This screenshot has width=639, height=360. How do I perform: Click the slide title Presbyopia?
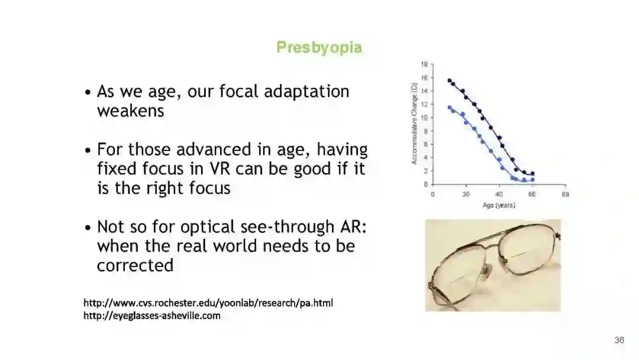[319, 47]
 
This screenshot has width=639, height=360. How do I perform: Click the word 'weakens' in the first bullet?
[130, 111]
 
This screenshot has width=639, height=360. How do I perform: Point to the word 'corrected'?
[135, 265]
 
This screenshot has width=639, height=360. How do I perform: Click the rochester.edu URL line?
[208, 303]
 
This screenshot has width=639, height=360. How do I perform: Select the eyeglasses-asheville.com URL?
[152, 316]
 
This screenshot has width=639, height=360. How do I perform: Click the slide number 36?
[619, 340]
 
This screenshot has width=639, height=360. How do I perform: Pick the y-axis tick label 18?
[424, 64]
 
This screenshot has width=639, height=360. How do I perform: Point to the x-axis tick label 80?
[565, 194]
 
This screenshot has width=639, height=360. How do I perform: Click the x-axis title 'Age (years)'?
[499, 205]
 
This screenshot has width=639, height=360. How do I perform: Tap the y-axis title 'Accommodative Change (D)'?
[414, 124]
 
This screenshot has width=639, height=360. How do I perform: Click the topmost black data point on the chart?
[450, 81]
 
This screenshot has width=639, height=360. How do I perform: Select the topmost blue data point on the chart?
[450, 108]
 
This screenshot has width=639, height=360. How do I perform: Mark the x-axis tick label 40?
[499, 194]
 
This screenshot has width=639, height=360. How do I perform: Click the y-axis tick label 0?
[426, 184]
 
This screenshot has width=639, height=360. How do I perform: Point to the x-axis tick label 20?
[466, 194]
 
